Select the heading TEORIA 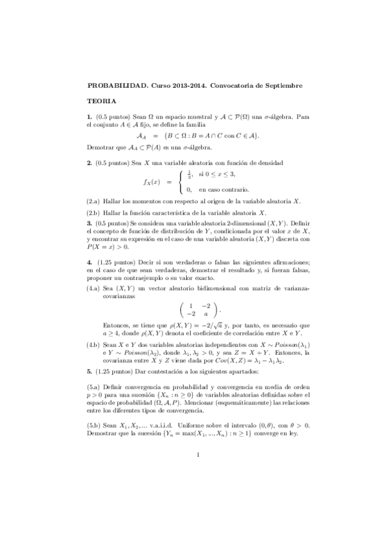101,101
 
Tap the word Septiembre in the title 282,85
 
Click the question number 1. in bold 90,117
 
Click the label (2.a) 93,202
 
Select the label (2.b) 93,213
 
